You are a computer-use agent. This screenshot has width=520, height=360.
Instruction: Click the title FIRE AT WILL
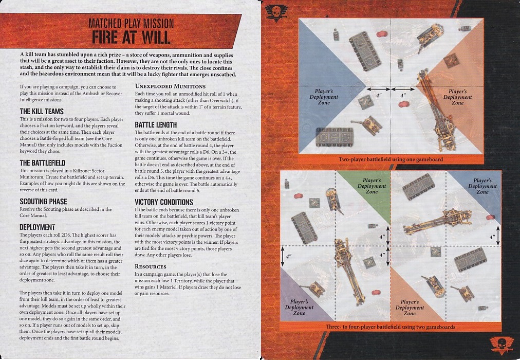131,37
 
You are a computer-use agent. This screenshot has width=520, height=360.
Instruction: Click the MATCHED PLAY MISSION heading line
131,23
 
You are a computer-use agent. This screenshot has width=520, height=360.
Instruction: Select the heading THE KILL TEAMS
42,112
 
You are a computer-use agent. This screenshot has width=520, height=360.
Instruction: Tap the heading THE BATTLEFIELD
43,163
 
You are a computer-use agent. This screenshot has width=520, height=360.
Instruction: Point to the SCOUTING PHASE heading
43,202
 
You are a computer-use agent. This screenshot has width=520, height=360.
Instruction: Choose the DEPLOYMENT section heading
37,227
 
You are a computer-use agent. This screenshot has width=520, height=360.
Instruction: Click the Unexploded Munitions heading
170,86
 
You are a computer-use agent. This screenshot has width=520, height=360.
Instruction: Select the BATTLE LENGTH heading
156,125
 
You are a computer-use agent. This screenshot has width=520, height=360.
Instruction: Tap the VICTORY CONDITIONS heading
164,202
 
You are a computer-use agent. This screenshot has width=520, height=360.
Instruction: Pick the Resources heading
151,266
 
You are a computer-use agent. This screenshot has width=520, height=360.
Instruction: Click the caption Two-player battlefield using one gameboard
391,159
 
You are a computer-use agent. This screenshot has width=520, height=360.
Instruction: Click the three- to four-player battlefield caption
391,327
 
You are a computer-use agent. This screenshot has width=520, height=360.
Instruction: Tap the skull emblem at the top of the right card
276,13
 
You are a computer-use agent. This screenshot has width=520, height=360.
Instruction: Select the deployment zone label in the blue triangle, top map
324,97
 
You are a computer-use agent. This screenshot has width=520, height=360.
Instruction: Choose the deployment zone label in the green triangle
372,186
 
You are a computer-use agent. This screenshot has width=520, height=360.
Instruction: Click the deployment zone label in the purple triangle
299,307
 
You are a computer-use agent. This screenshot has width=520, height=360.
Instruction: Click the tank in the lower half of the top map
367,124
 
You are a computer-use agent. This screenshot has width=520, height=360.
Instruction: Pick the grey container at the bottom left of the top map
335,137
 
